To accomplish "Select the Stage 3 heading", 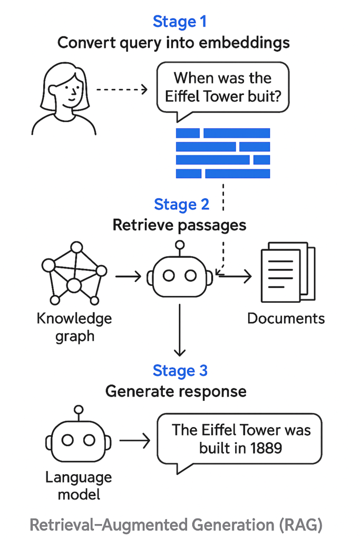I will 180,370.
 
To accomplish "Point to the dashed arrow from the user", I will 122,89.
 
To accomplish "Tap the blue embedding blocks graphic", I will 222,153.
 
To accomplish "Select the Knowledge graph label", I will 74,327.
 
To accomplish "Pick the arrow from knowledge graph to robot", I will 128,275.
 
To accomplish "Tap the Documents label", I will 286,319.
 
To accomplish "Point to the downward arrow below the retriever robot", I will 180,329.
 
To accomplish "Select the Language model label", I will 79,486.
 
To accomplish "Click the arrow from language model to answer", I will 135,440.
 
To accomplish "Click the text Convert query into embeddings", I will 173,42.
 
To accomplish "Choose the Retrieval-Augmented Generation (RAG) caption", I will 176,525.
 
